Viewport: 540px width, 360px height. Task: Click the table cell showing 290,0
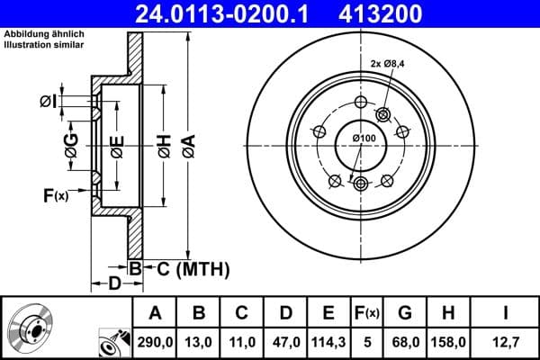[156, 342]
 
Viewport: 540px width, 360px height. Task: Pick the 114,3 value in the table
[328, 342]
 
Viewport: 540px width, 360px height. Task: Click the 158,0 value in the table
[447, 342]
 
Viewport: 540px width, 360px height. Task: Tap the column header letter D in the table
[285, 312]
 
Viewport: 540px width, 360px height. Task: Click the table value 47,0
[285, 342]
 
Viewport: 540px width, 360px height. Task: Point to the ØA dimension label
[187, 145]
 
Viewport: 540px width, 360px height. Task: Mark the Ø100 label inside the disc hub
[364, 137]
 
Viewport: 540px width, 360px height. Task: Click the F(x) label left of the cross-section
[54, 194]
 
